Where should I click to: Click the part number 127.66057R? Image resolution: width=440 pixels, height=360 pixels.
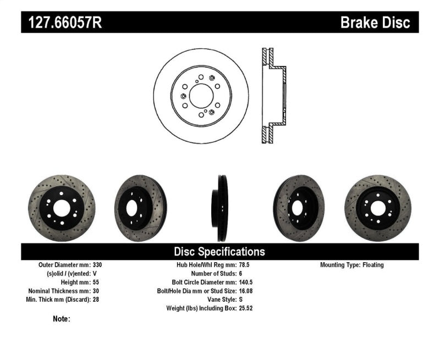61,23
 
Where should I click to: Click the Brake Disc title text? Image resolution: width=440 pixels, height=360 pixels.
375,23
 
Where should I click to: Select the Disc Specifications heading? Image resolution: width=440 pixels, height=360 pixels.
219,252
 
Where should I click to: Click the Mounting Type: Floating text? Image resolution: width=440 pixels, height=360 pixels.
352,265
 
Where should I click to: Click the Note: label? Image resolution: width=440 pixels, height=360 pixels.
62,319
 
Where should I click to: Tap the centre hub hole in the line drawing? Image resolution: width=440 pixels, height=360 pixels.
201,92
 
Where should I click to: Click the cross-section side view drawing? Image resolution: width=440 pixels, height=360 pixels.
273,96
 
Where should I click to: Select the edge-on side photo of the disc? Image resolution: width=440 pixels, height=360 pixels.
221,208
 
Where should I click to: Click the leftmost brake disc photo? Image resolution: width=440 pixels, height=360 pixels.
62,208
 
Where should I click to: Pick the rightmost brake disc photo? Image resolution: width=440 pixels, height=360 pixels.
377,208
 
